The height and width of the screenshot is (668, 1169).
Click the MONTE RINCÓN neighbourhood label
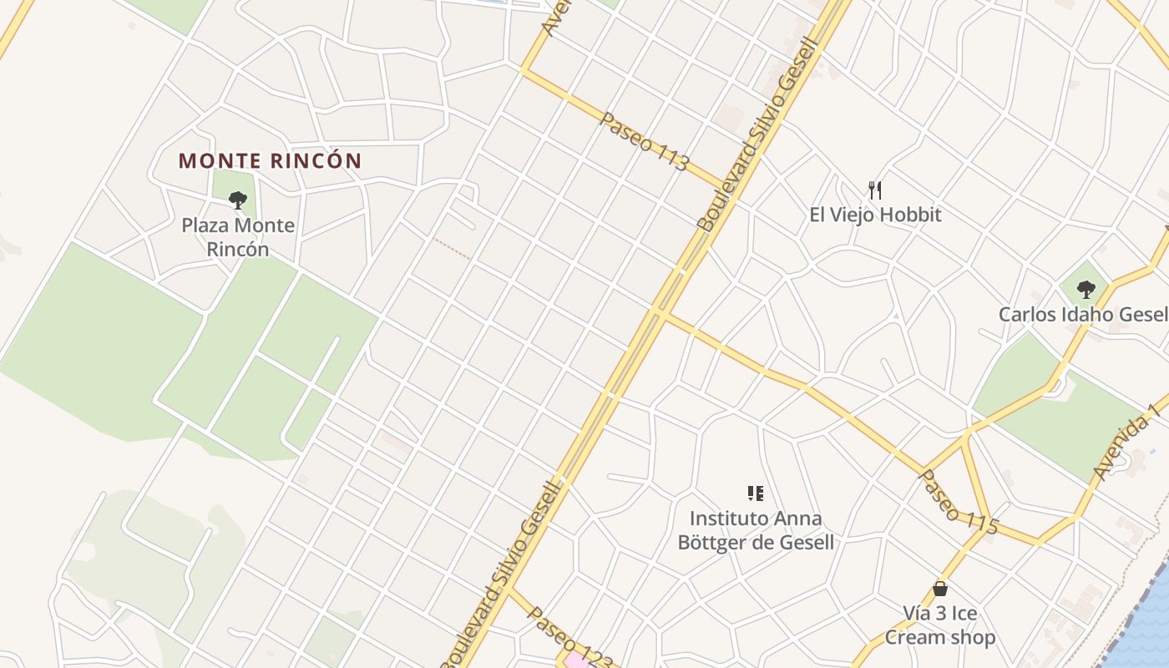point(270,160)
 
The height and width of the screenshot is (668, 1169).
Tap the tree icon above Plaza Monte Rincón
point(238,200)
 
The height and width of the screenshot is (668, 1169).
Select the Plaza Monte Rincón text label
point(238,237)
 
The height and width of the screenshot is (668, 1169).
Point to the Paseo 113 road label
point(644,142)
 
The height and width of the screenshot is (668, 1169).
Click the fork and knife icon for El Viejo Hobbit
point(875,190)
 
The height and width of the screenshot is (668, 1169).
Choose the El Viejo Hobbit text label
point(875,215)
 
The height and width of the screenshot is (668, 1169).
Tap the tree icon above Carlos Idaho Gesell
point(1085,290)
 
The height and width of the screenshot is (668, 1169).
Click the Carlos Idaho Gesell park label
point(1083,315)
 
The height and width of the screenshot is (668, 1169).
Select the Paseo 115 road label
point(958,502)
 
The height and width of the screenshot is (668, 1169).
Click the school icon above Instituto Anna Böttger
point(756,493)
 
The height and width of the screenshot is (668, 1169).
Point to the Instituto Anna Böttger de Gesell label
point(756,531)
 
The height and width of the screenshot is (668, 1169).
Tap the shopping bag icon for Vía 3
point(940,589)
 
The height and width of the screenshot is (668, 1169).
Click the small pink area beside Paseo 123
point(574,661)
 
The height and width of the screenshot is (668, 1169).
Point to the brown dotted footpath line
point(451,248)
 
